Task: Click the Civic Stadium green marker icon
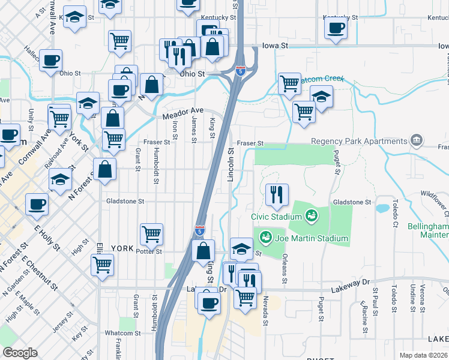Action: [311, 214]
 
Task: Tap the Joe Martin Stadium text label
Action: [312, 238]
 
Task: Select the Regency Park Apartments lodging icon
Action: [417, 142]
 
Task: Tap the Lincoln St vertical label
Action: [231, 165]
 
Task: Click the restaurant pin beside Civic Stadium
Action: [277, 194]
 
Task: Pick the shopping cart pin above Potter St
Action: [152, 233]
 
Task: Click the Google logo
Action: [19, 352]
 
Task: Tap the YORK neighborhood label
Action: [122, 248]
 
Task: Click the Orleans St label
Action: [283, 271]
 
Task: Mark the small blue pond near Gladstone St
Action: [382, 209]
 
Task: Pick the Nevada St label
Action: [264, 308]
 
